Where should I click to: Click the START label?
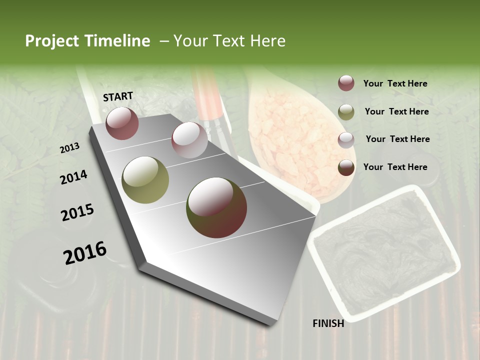point(118,96)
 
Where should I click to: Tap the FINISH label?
point(328,323)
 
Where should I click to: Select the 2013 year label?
point(69,148)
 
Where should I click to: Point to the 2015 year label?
point(77,212)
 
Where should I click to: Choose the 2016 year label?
point(85,253)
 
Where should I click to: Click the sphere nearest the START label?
point(122,123)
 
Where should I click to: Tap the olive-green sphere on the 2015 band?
point(145,179)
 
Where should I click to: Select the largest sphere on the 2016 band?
point(216,207)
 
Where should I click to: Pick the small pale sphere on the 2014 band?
point(189,140)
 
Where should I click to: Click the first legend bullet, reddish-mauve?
point(346,83)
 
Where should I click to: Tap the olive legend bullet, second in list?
point(346,112)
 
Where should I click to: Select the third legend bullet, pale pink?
point(346,139)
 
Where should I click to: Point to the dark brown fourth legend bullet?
point(346,167)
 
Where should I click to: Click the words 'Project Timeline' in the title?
point(87,41)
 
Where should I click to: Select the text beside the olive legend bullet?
point(396,111)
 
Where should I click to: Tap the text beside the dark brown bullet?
point(395,167)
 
